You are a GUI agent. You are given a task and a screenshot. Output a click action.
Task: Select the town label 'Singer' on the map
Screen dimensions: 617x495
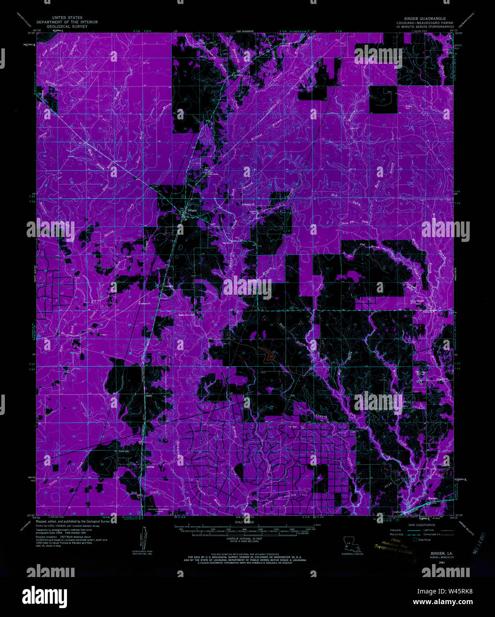[192, 210]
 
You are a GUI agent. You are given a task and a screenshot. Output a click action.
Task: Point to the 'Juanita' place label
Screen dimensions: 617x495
[167, 286]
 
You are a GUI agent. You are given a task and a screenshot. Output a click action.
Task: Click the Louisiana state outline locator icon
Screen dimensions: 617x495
[351, 544]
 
